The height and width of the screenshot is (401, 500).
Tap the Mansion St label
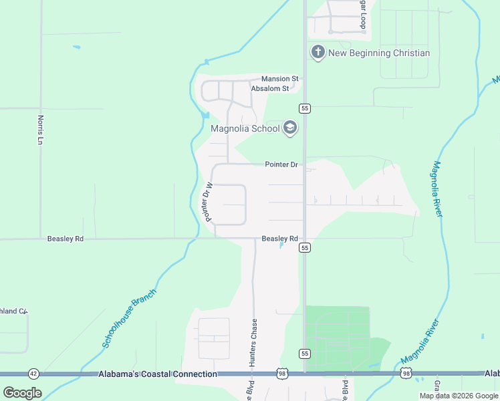(x=280, y=79)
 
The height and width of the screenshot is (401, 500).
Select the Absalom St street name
(x=269, y=88)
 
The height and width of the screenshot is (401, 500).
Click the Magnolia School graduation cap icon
(x=290, y=128)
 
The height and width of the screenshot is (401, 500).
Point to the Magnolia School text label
(x=245, y=129)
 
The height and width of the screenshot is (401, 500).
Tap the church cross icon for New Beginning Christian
(x=318, y=52)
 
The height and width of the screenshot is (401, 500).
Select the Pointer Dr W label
(x=209, y=202)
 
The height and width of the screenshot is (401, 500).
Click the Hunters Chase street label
(x=253, y=342)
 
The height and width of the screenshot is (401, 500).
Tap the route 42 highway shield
(x=33, y=374)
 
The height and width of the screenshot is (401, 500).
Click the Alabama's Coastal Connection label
(x=158, y=374)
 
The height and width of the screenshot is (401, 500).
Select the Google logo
(x=22, y=392)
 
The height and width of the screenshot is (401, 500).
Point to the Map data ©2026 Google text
(x=458, y=396)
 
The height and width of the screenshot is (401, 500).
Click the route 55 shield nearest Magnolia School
(x=304, y=108)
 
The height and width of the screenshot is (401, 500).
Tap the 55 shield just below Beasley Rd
(x=305, y=248)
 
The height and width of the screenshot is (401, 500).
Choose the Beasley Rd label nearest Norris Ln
(x=65, y=239)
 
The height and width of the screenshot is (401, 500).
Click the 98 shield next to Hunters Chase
(x=283, y=374)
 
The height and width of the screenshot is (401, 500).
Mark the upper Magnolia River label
(x=438, y=188)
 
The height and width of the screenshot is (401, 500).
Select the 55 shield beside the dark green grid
(x=305, y=353)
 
